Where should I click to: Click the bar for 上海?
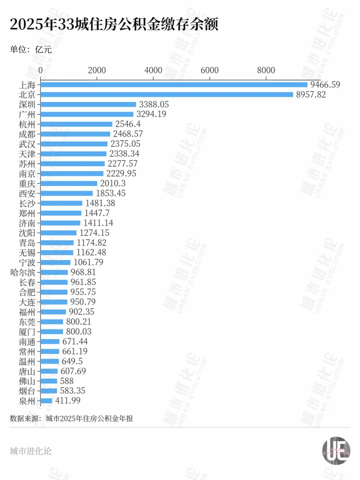(174, 85)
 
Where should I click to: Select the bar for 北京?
(167, 95)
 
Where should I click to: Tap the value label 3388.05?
(154, 104)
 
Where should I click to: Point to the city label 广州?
(27, 114)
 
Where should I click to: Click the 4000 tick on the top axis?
(153, 70)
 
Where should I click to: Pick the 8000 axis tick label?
(266, 70)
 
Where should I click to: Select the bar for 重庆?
(69, 183)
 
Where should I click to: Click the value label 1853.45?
(111, 193)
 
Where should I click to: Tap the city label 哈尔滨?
(23, 272)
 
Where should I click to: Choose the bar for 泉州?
(46, 401)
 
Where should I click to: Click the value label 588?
(67, 381)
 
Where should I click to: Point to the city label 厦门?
(27, 332)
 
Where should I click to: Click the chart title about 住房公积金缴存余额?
(114, 24)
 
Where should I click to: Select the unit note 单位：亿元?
(31, 50)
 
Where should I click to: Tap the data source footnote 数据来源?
(71, 418)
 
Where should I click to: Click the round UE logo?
(336, 451)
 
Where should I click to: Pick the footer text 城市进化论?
(31, 451)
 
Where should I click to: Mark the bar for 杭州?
(76, 124)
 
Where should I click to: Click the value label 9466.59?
(325, 85)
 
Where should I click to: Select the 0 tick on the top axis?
(41, 70)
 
